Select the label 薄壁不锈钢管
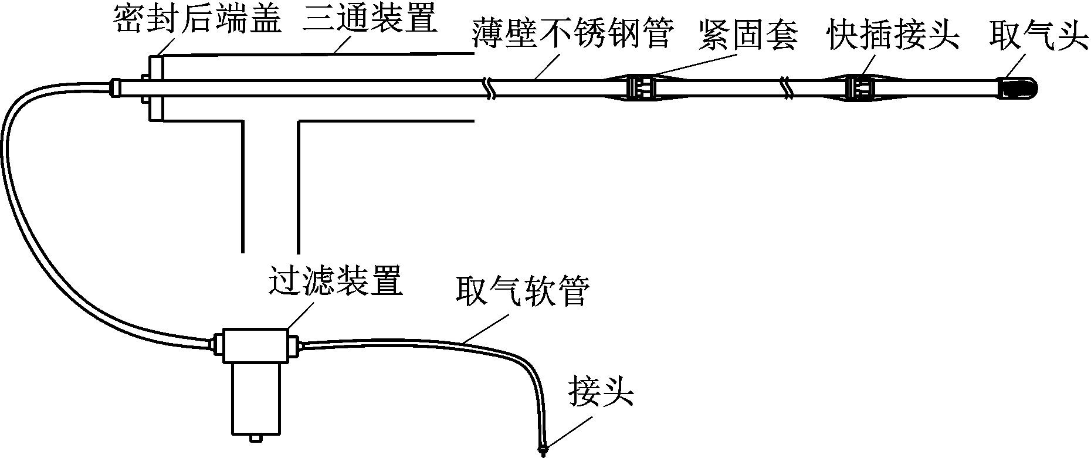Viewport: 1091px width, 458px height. pos(572,34)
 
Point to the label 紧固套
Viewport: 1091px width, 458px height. pos(749,34)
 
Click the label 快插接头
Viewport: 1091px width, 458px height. pos(893,34)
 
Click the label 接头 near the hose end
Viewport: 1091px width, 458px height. pos(601,392)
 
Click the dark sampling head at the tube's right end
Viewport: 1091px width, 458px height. pos(1018,88)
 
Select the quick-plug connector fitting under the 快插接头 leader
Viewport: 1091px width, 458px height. pos(860,88)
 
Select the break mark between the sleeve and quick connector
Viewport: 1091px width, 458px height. pos(787,88)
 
